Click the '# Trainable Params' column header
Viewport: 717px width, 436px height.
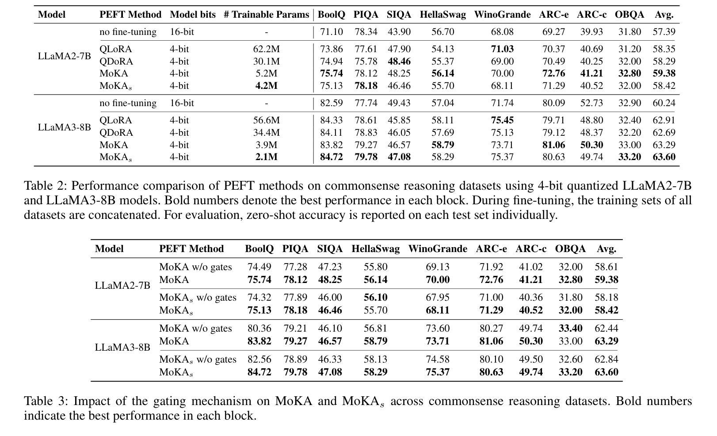[266, 15]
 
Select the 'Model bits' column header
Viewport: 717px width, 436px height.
[193, 15]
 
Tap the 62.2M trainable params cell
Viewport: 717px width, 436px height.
[266, 49]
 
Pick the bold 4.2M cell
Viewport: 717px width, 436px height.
[266, 86]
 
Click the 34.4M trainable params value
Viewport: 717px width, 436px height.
[266, 133]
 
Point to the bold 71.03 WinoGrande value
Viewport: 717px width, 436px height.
[502, 49]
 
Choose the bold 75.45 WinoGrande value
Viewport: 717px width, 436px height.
[502, 120]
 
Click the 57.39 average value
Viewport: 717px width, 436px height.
[664, 32]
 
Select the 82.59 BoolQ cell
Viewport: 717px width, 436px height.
[331, 103]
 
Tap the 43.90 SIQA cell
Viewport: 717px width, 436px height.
[399, 32]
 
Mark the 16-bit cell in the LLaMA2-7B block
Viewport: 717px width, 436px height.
[182, 32]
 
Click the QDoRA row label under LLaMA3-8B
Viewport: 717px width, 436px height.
[116, 133]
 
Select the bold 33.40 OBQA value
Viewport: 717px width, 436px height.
[570, 329]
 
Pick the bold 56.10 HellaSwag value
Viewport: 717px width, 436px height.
[375, 298]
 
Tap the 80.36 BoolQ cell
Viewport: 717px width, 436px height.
[259, 329]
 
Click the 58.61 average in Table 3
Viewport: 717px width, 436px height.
[606, 267]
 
